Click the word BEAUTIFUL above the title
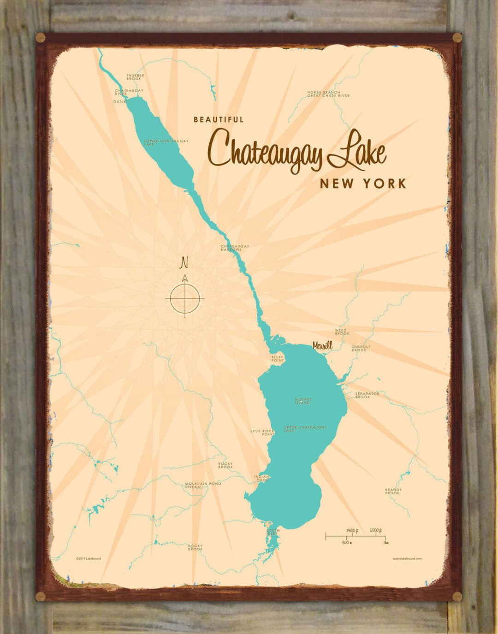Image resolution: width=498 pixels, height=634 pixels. point(219,119)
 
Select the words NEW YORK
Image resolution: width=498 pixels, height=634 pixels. point(363,184)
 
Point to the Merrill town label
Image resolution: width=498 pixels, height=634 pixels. point(322,345)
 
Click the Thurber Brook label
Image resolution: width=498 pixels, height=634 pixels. point(135,77)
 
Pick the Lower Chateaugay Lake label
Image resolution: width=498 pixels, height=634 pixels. point(166,142)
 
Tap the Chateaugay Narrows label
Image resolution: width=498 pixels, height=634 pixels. point(235,248)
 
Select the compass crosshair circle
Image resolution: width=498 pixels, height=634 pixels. point(185,298)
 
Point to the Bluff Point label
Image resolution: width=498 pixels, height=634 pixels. point(278,358)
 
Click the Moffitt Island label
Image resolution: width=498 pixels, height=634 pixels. point(303,401)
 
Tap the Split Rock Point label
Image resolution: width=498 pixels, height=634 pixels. point(262,432)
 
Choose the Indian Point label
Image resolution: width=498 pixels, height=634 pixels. point(262,478)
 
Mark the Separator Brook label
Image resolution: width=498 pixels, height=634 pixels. point(367,395)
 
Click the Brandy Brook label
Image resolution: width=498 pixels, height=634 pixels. point(393,492)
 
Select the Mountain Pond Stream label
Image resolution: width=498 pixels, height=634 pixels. point(203,485)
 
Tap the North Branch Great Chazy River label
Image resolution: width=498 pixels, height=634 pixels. point(328,94)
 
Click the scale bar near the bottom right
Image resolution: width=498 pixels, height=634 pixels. point(355,536)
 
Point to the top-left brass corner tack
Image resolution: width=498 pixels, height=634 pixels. point(40,37)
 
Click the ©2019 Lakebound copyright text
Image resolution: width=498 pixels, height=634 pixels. point(89,558)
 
